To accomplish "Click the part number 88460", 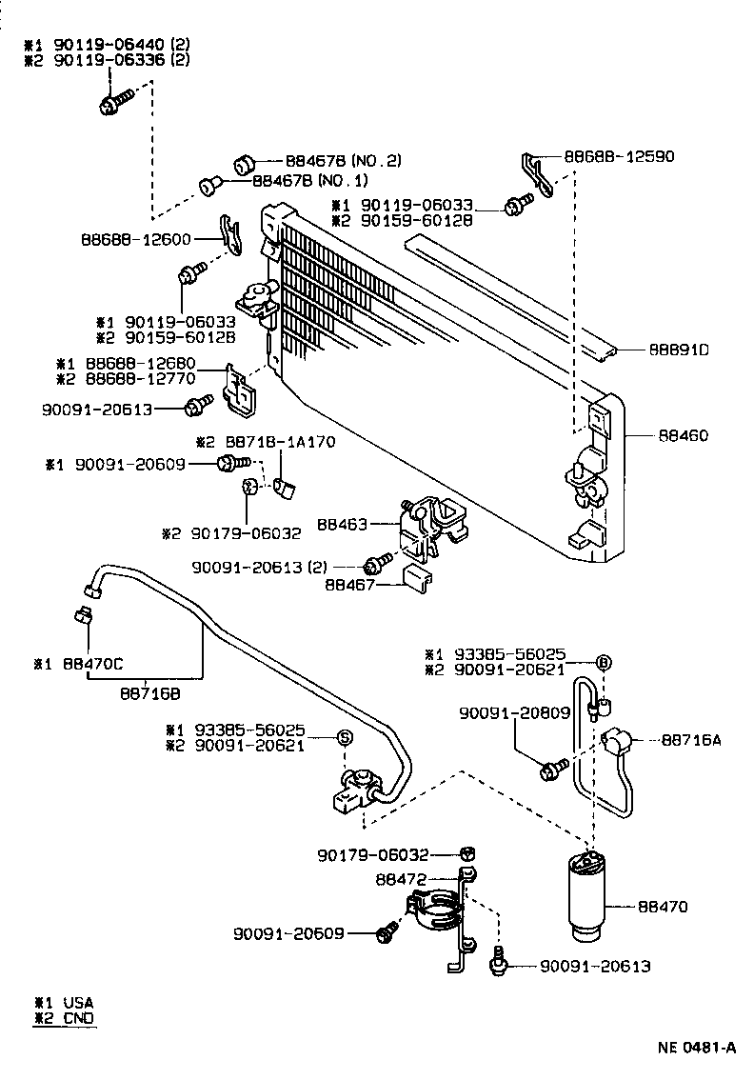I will click(683, 436).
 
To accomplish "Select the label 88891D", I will click(680, 350).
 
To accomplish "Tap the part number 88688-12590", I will click(619, 156).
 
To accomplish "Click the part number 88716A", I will click(691, 738).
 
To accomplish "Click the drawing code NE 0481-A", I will click(697, 1048).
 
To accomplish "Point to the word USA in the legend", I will click(78, 1003).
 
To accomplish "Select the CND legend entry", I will click(78, 1017).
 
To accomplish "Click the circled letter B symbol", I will click(602, 663).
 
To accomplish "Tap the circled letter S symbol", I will click(345, 736).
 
